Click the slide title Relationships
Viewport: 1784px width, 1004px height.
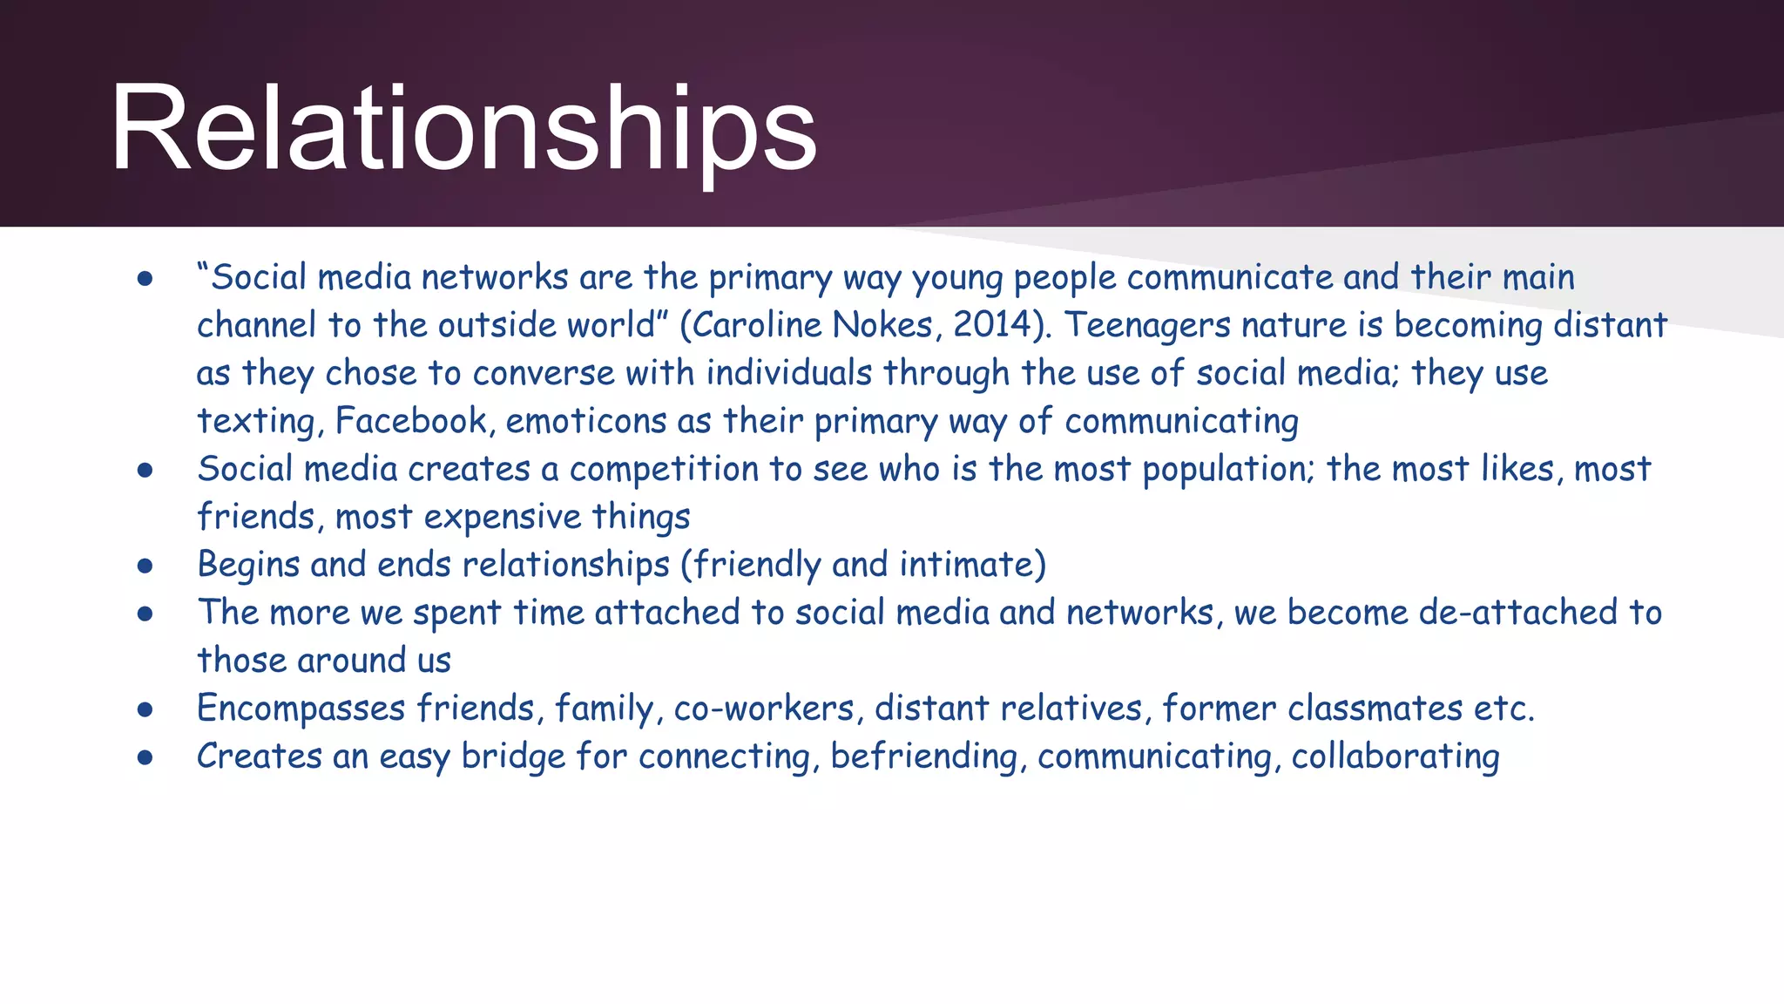(463, 129)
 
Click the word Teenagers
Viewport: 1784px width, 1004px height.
(1147, 325)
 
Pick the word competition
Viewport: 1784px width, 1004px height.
(664, 469)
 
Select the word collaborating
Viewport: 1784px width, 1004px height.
(1395, 756)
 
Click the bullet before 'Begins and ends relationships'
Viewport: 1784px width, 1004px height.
(145, 566)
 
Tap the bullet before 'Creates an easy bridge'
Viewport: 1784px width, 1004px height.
(145, 758)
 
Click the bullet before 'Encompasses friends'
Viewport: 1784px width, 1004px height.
(145, 710)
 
